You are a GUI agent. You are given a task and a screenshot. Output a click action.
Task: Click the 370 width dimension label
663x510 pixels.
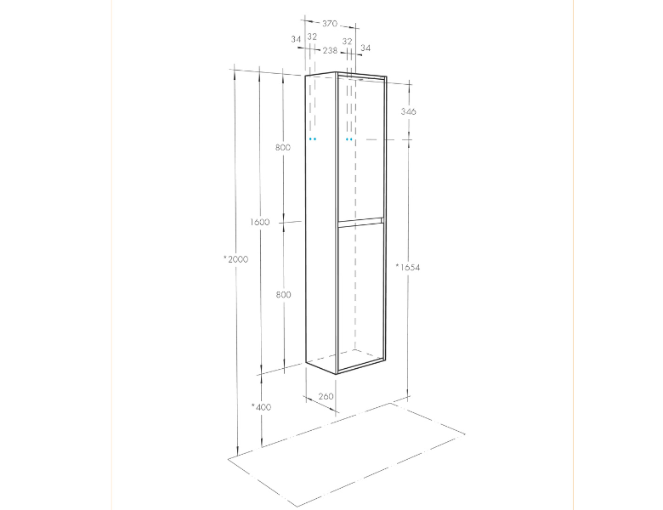(x=330, y=24)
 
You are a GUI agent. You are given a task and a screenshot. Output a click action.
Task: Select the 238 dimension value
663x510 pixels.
(x=331, y=51)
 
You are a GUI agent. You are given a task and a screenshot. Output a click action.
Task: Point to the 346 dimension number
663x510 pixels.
(x=409, y=111)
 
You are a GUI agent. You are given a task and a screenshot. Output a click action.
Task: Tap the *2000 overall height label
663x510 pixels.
(x=236, y=259)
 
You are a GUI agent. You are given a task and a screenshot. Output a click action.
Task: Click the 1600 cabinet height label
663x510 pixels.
(x=259, y=222)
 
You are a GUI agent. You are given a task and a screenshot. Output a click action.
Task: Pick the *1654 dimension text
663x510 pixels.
(x=408, y=267)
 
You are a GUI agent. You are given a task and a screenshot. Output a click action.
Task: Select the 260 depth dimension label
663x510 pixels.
(x=326, y=397)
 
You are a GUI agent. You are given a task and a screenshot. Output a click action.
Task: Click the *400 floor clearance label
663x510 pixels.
(x=261, y=407)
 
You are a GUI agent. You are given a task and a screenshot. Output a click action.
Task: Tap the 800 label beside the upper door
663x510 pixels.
(x=283, y=148)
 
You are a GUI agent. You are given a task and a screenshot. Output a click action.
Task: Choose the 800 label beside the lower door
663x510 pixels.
(x=283, y=295)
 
